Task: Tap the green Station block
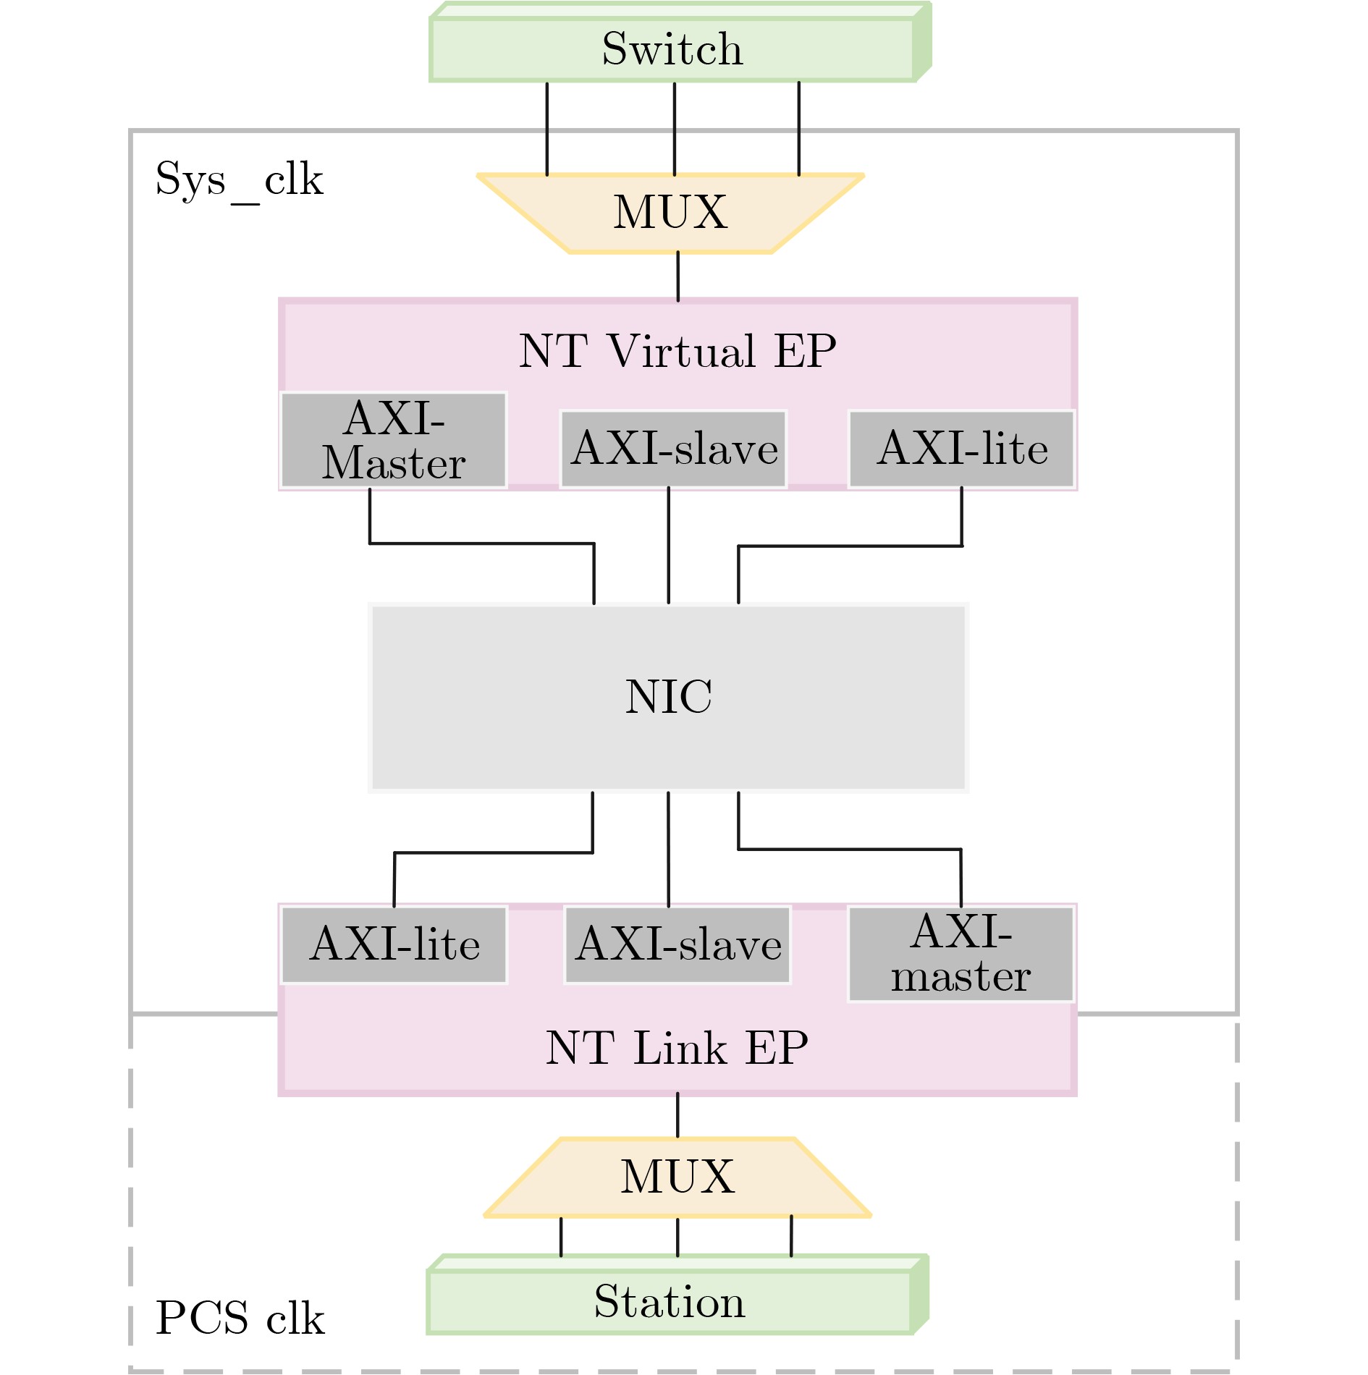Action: (x=669, y=1301)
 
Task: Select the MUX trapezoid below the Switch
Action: (x=670, y=213)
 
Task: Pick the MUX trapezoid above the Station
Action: (x=677, y=1176)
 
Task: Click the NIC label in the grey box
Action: (x=668, y=696)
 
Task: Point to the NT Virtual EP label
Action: (x=677, y=351)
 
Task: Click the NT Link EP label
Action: (x=677, y=1047)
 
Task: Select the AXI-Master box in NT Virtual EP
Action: (x=394, y=440)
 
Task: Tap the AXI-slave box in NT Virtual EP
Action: (x=674, y=449)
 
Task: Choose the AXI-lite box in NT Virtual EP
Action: (x=962, y=449)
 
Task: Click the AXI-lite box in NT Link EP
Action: (x=394, y=944)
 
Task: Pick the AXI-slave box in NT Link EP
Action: (x=677, y=944)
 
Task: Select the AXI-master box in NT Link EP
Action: (x=960, y=954)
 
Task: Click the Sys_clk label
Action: (x=239, y=179)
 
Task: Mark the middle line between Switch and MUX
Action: (x=675, y=128)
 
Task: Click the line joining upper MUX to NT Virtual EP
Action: (x=678, y=276)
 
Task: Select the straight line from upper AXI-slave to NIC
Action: (x=668, y=545)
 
